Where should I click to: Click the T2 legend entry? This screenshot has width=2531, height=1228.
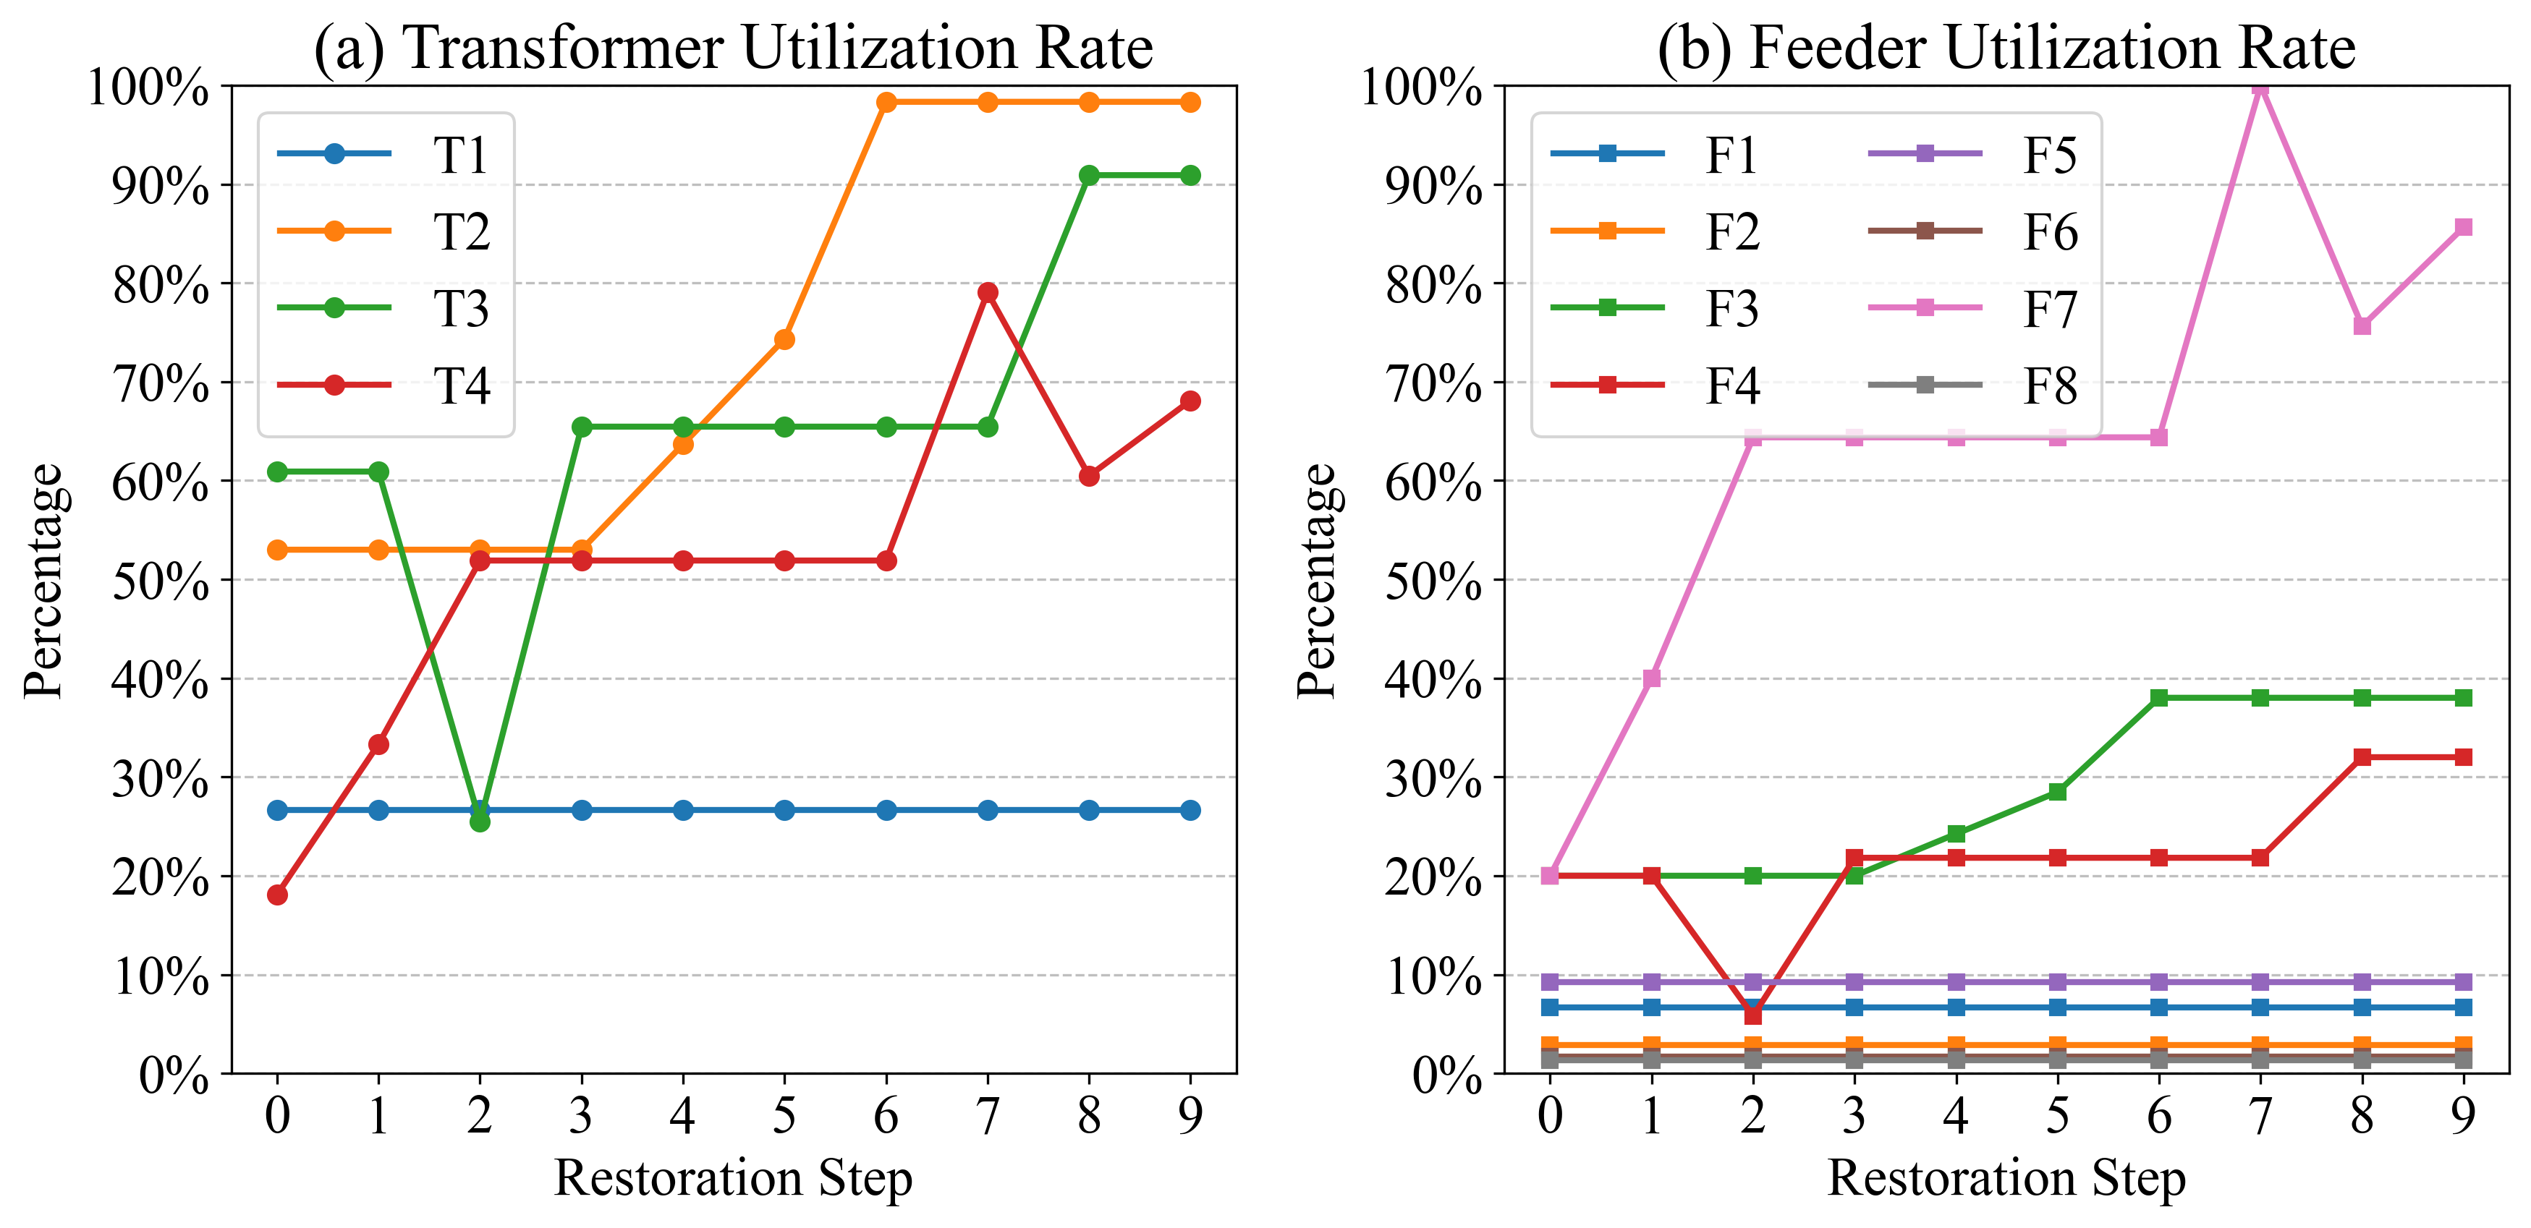(383, 232)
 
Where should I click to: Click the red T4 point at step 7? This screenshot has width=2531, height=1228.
(988, 293)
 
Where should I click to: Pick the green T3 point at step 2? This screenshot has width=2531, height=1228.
(480, 822)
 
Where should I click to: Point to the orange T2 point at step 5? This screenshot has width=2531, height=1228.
(784, 340)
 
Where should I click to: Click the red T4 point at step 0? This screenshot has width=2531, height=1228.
(277, 895)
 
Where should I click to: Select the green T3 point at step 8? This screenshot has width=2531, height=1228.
(1089, 176)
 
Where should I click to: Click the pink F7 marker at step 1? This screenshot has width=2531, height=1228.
(1652, 678)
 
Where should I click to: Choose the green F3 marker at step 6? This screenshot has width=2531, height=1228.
(2158, 697)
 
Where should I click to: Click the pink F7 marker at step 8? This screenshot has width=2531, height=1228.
(2362, 326)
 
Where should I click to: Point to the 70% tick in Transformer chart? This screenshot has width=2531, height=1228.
(160, 383)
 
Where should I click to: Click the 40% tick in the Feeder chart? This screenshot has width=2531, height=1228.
(1433, 680)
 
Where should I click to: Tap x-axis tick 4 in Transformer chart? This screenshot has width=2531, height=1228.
(683, 1116)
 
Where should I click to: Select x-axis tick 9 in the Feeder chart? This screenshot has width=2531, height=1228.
(2463, 1116)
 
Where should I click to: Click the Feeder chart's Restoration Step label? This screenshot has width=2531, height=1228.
(2006, 1178)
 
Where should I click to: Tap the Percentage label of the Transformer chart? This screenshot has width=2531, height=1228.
(43, 581)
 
